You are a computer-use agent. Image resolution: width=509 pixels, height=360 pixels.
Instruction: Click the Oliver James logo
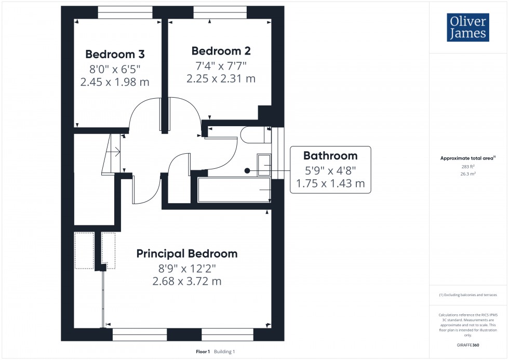467,28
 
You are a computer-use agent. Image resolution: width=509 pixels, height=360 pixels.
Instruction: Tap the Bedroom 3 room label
115,54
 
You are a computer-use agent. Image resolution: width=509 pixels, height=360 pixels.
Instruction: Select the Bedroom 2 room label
221,51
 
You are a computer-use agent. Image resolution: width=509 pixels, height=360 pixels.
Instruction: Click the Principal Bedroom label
187,254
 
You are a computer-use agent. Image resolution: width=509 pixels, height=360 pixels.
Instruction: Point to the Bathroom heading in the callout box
330,155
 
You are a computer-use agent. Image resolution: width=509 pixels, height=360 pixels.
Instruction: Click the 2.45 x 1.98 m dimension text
115,82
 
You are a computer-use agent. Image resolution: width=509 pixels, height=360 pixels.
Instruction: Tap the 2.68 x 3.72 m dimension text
187,281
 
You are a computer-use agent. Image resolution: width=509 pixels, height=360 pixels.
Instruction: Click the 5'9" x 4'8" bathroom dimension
330,169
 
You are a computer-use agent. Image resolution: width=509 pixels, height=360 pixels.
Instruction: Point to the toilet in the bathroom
254,136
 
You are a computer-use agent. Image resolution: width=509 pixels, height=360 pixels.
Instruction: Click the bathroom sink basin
264,165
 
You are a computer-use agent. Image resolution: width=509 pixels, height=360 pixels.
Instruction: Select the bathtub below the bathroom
234,190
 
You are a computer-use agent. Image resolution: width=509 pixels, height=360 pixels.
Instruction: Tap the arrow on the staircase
117,152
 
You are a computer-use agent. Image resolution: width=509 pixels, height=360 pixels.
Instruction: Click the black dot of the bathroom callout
247,170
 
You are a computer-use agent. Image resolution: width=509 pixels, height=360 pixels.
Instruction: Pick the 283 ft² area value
468,167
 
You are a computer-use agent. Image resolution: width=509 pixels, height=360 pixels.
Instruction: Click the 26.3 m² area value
468,174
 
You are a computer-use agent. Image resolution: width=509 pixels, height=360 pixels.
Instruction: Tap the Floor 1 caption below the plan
203,352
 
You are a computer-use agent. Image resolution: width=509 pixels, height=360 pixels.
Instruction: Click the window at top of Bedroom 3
125,12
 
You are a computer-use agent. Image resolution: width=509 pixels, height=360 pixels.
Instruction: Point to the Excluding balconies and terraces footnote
468,295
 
